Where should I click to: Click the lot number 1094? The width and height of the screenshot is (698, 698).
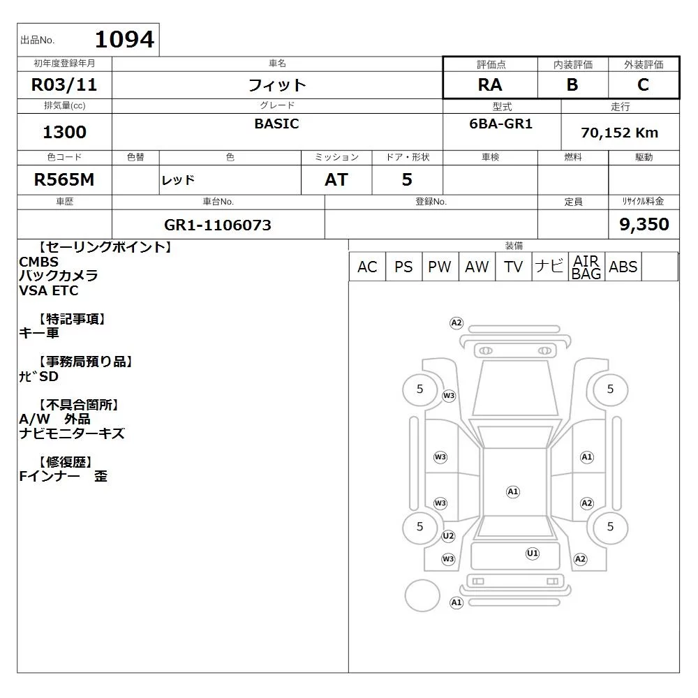125,39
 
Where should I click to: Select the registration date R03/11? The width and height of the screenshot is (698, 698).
64,84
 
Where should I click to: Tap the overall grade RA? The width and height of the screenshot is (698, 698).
490,84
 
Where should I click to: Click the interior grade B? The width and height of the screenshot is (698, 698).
572,84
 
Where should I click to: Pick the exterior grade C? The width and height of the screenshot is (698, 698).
643,84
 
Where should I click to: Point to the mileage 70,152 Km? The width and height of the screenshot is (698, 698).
620,133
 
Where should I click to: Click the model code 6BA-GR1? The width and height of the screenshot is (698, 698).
500,124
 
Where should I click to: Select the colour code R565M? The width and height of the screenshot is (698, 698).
64,179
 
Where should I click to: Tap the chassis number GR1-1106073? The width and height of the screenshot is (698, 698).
218,225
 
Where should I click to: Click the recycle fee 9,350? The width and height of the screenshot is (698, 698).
644,224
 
